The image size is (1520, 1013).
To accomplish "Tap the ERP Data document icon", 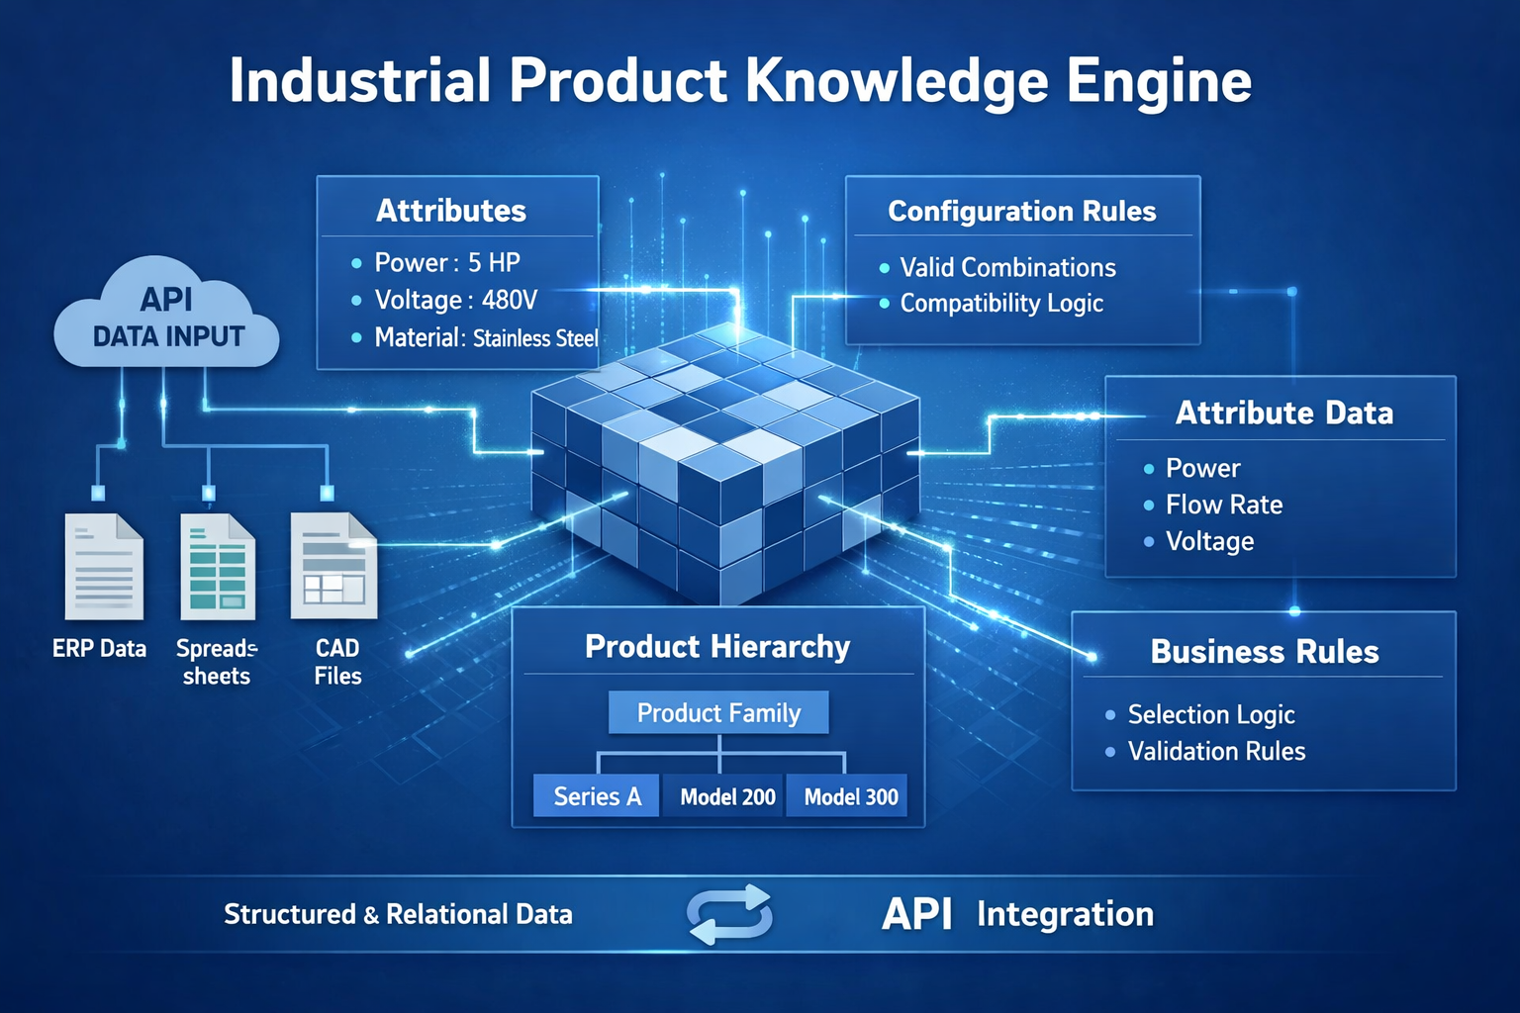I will [104, 567].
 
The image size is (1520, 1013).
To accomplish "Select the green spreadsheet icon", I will [218, 567].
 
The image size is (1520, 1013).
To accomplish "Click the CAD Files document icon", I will [333, 567].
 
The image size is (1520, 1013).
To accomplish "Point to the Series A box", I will [597, 796].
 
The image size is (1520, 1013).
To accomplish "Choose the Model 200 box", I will [727, 796].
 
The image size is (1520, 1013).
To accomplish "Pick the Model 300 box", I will [851, 796].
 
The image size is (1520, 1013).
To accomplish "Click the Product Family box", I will [718, 712].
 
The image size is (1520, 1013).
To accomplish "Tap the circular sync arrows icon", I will [730, 914].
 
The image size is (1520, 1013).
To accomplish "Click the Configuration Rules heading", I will [1021, 211].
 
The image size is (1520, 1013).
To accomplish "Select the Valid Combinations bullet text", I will [1007, 267].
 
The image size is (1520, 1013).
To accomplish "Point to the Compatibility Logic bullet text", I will [1001, 303].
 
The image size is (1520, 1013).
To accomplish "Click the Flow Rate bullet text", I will [1223, 505].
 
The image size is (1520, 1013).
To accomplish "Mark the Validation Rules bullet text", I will [1216, 751].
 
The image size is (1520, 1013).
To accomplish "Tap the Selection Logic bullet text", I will [1211, 714].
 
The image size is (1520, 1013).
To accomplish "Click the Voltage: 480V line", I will [455, 300].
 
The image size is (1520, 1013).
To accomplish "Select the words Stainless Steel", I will [535, 338].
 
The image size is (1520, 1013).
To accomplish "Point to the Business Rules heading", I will [1265, 652].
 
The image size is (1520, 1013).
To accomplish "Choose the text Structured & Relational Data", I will [398, 914].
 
